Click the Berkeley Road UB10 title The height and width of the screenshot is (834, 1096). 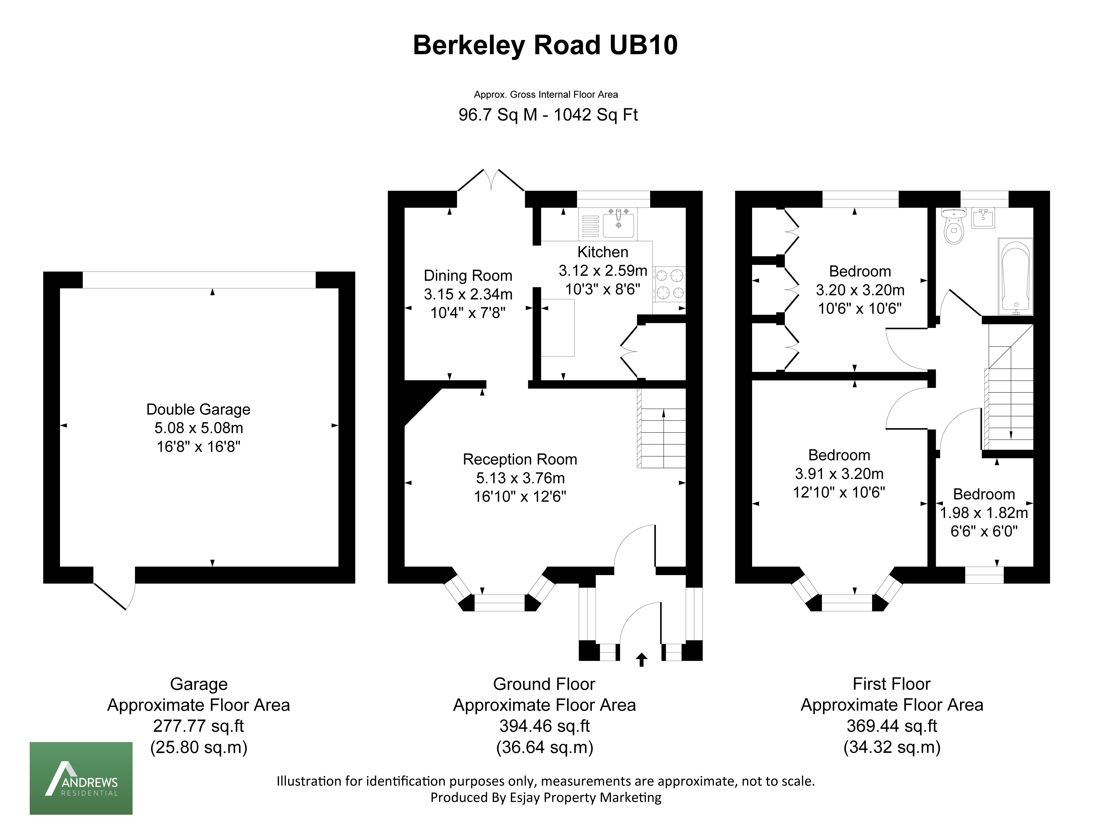pyautogui.click(x=545, y=45)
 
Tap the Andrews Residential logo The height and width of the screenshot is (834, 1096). pyautogui.click(x=81, y=778)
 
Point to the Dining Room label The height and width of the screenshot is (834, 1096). pyautogui.click(x=468, y=276)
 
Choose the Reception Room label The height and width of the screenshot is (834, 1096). pyautogui.click(x=520, y=459)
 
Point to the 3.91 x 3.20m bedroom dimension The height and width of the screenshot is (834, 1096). pyautogui.click(x=839, y=474)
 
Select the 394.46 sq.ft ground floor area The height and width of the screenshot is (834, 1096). pyautogui.click(x=545, y=726)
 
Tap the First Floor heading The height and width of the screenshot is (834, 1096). pyautogui.click(x=892, y=684)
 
